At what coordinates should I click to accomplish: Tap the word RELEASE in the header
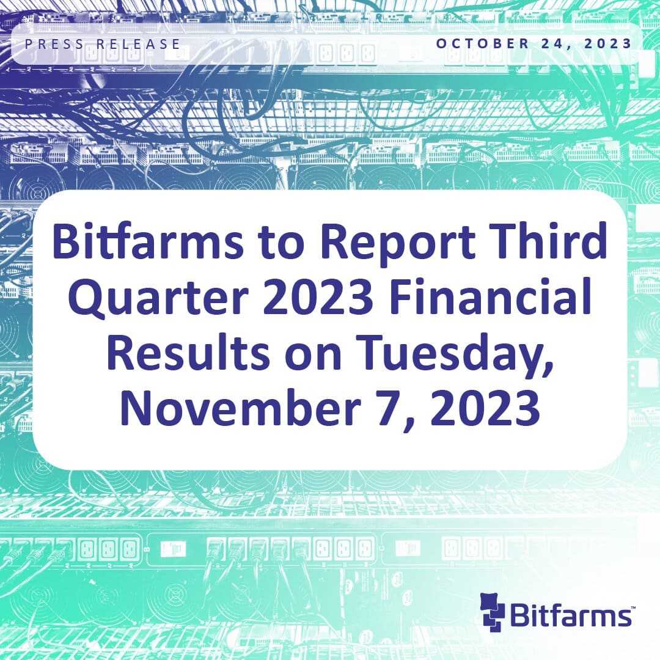(145, 44)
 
